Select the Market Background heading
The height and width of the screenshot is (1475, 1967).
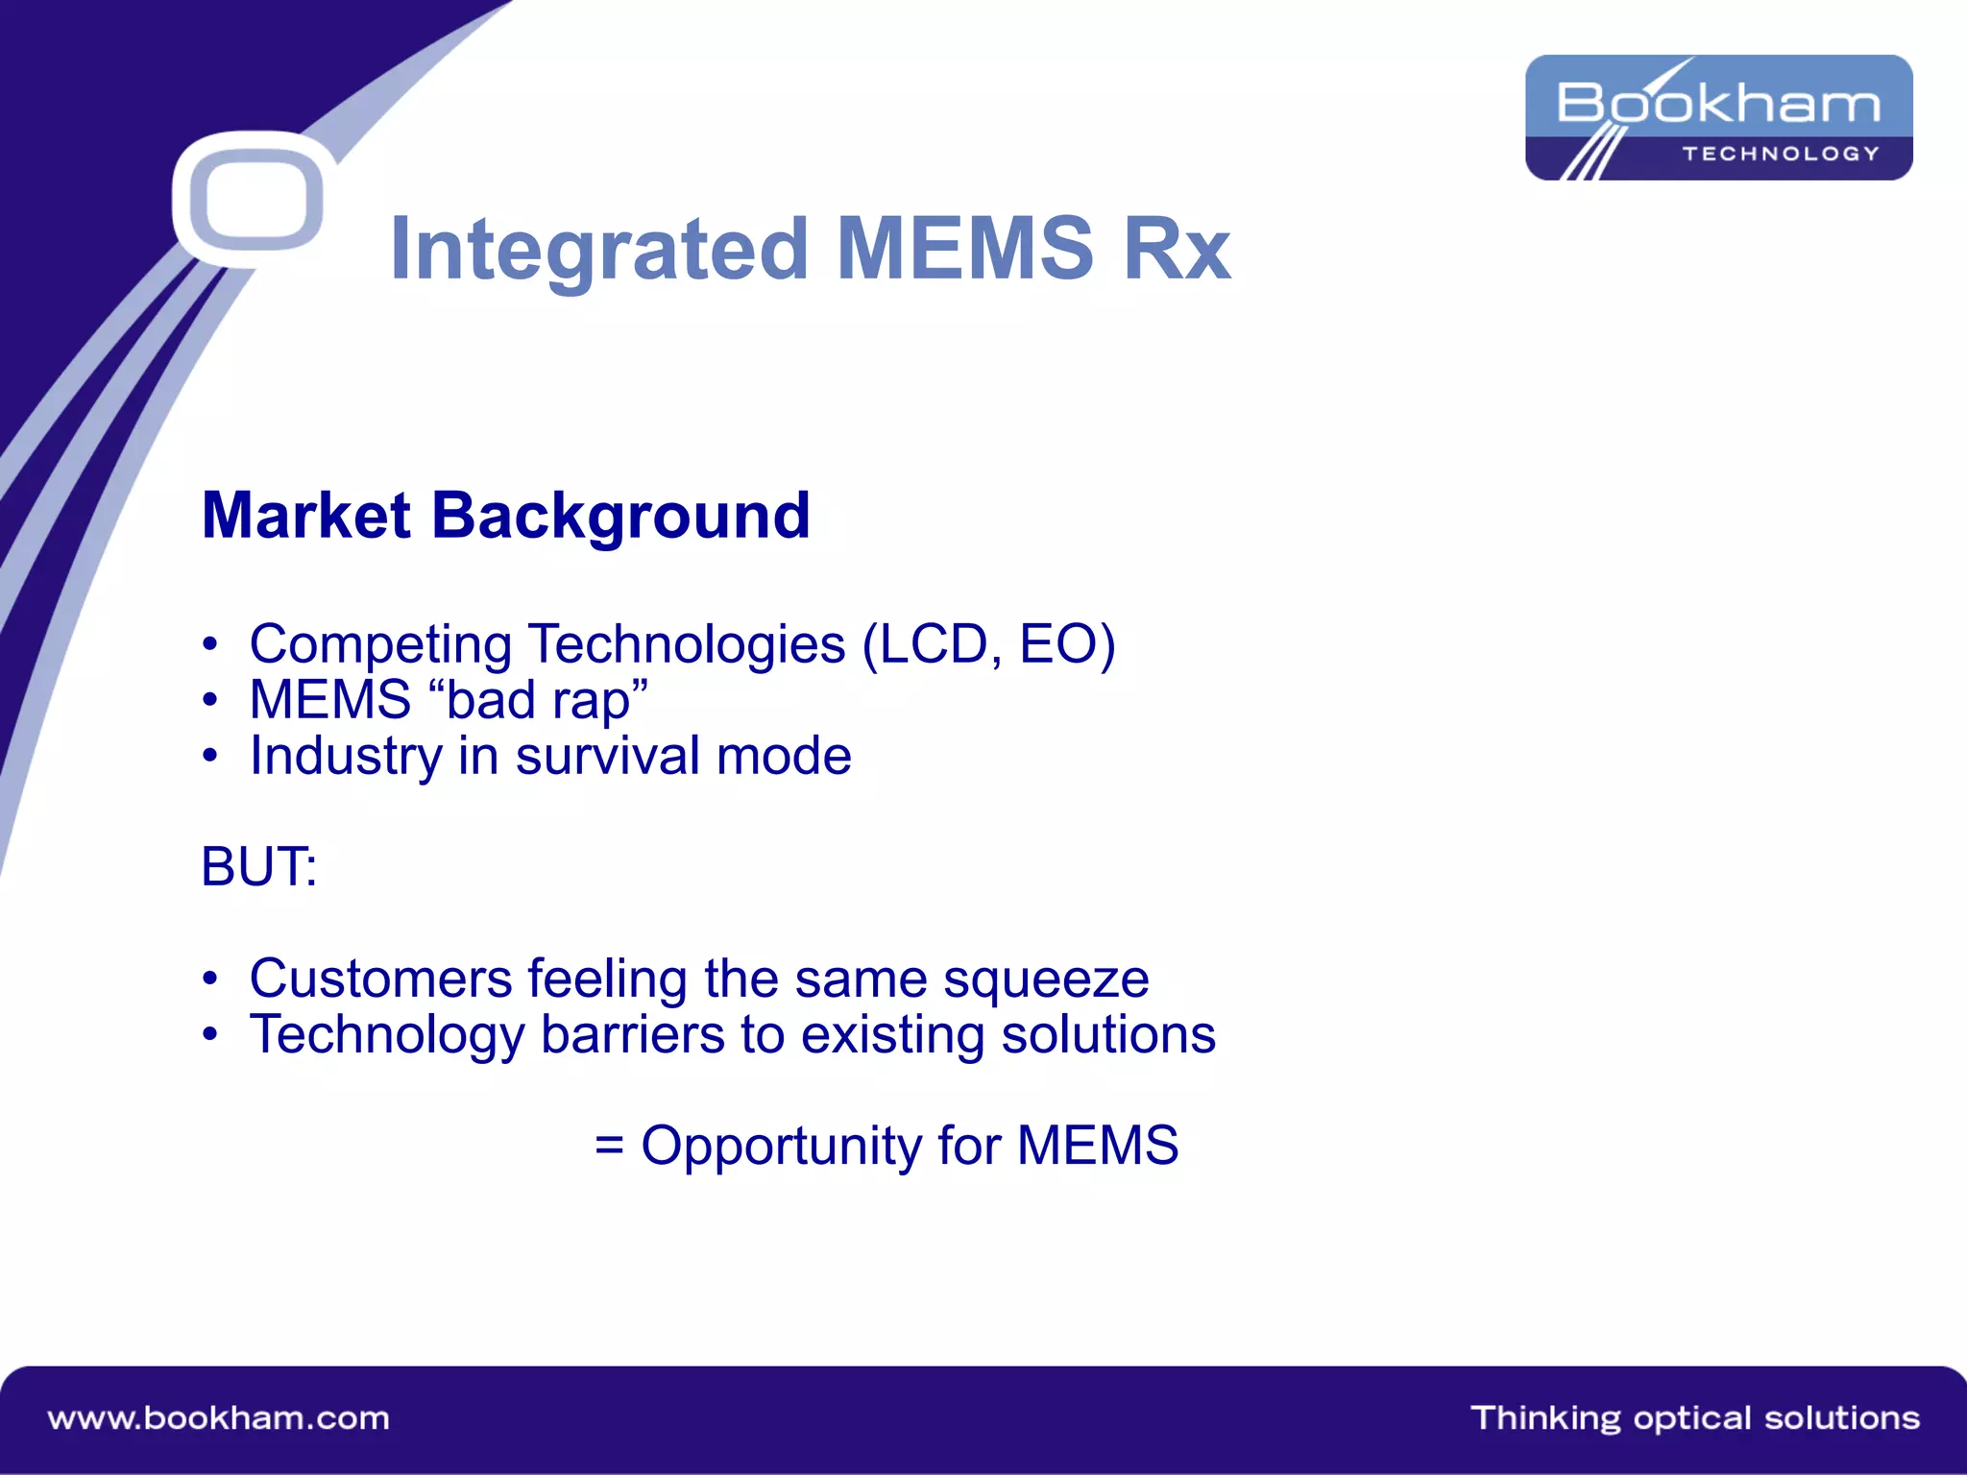pos(506,517)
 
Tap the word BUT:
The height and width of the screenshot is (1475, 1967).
pos(258,867)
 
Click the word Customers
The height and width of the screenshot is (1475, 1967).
pos(380,979)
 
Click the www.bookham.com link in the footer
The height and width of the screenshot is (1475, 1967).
pos(219,1418)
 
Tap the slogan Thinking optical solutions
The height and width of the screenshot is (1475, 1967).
pos(1694,1418)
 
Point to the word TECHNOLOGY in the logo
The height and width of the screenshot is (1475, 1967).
pos(1781,154)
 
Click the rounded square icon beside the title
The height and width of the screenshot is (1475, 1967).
pos(255,200)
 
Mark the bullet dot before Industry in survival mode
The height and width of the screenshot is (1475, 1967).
pos(210,757)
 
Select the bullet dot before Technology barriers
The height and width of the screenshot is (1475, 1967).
pos(210,1035)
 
